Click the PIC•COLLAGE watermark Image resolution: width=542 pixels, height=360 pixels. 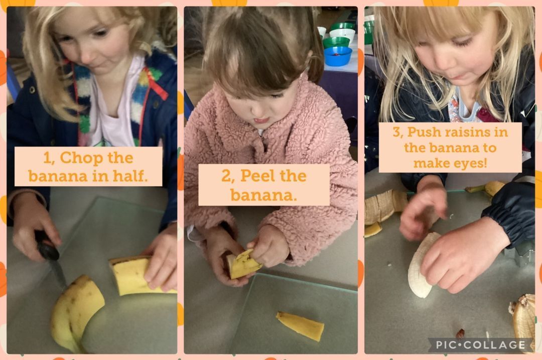[x=480, y=345]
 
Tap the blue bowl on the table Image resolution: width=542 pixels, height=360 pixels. [x=338, y=56]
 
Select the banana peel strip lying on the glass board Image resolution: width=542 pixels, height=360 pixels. [x=300, y=325]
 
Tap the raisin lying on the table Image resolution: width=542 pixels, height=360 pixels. [x=460, y=333]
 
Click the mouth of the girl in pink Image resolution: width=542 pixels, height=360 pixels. [x=261, y=121]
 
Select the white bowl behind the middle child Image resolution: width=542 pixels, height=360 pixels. [x=342, y=34]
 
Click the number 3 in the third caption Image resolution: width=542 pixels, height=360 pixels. [x=396, y=132]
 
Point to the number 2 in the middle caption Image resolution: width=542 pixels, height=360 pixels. [x=225, y=176]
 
